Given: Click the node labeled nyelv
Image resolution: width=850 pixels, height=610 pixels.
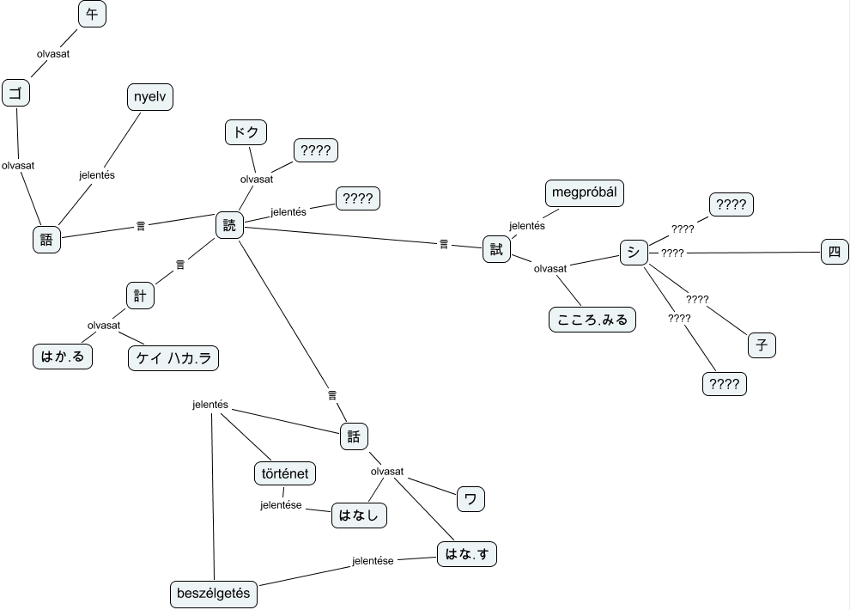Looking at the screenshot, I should pos(149,97).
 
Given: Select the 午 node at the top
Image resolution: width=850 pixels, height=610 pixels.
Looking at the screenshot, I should pos(92,15).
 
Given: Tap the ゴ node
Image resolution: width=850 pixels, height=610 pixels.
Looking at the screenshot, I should pos(15,93).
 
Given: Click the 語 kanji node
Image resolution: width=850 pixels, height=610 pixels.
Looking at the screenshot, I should pos(46,239).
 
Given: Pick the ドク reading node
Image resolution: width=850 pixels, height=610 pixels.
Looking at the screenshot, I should pos(246,132).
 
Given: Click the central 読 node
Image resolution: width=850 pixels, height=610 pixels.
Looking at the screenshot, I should pos(229,225).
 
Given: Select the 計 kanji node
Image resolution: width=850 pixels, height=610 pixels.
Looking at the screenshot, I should pos(139,295).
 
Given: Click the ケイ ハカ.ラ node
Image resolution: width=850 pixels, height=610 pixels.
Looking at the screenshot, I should pos(173,357).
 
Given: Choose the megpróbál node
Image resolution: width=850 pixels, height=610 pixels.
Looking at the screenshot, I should pos(584,192).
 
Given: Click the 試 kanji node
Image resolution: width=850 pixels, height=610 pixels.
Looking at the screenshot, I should pos(495,248).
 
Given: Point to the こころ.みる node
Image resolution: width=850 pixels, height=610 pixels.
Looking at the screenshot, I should pos(592,320).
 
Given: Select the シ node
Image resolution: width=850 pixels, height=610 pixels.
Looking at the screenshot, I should pos(633,251).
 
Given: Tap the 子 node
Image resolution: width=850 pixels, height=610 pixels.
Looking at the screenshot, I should pos(761,345).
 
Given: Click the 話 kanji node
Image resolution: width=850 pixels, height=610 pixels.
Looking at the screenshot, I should pos(354,436).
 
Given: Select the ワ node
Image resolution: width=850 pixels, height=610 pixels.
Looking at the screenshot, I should pos(470,498).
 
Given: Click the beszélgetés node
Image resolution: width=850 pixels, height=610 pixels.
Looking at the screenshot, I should pos(213,593).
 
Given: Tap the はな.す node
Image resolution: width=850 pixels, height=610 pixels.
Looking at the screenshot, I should pos(466,554).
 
